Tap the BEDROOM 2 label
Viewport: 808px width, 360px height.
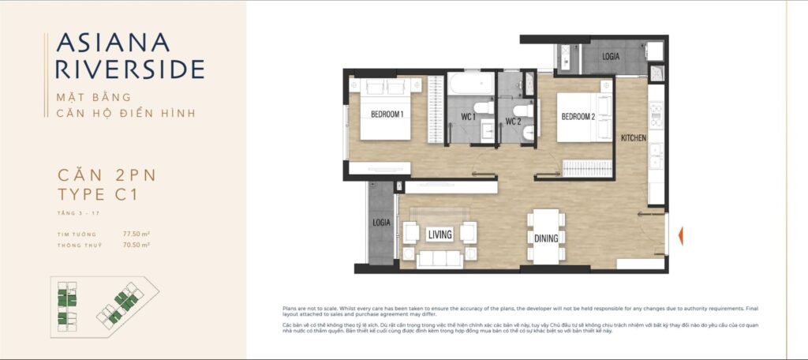click(x=578, y=117)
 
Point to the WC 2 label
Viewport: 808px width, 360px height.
click(x=513, y=122)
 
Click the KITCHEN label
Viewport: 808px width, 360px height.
click(x=633, y=138)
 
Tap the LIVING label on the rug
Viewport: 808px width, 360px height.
click(x=440, y=234)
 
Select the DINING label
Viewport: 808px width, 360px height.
click(x=546, y=238)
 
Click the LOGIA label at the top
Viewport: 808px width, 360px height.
click(x=611, y=57)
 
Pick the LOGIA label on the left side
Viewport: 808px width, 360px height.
click(x=382, y=223)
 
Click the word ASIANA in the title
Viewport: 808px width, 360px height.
click(x=112, y=43)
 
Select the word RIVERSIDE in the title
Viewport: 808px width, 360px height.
click(x=130, y=69)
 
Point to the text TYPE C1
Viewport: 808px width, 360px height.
click(x=98, y=195)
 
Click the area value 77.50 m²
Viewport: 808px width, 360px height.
click(x=136, y=234)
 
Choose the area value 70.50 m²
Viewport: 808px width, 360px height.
click(x=136, y=246)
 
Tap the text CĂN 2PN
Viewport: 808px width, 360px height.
click(x=101, y=174)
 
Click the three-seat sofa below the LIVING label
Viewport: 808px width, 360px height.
click(x=440, y=259)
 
